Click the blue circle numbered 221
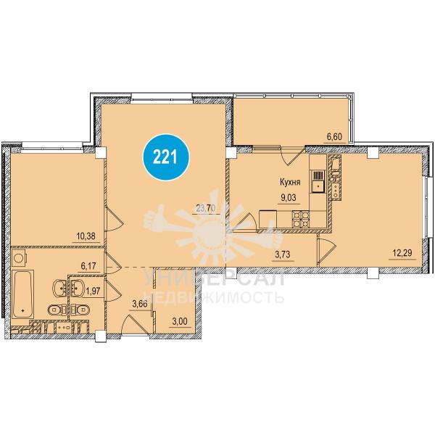click(x=166, y=157)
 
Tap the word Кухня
click(x=290, y=182)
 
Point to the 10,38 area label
click(x=86, y=236)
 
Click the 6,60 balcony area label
click(x=333, y=136)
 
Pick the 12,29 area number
click(x=402, y=253)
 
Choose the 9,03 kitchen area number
click(x=288, y=198)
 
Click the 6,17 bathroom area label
click(x=88, y=266)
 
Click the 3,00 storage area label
click(x=179, y=321)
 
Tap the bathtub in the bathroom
click(x=23, y=295)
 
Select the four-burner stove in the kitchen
click(x=300, y=219)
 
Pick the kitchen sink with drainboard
click(x=318, y=181)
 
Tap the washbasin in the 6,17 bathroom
click(x=60, y=289)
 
